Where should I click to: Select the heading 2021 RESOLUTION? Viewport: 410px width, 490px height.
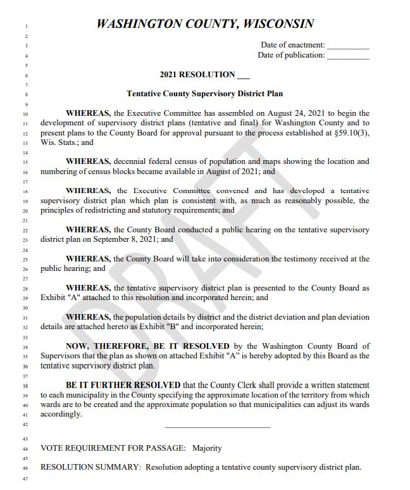pos(197,75)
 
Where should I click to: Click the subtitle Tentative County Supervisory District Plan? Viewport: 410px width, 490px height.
pos(204,94)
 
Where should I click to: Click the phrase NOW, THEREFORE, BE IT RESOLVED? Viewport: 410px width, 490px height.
pos(147,346)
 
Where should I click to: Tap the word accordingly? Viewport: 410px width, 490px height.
pos(61,415)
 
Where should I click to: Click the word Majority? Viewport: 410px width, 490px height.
pos(208,448)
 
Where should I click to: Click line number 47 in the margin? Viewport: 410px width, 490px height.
pos(25,479)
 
